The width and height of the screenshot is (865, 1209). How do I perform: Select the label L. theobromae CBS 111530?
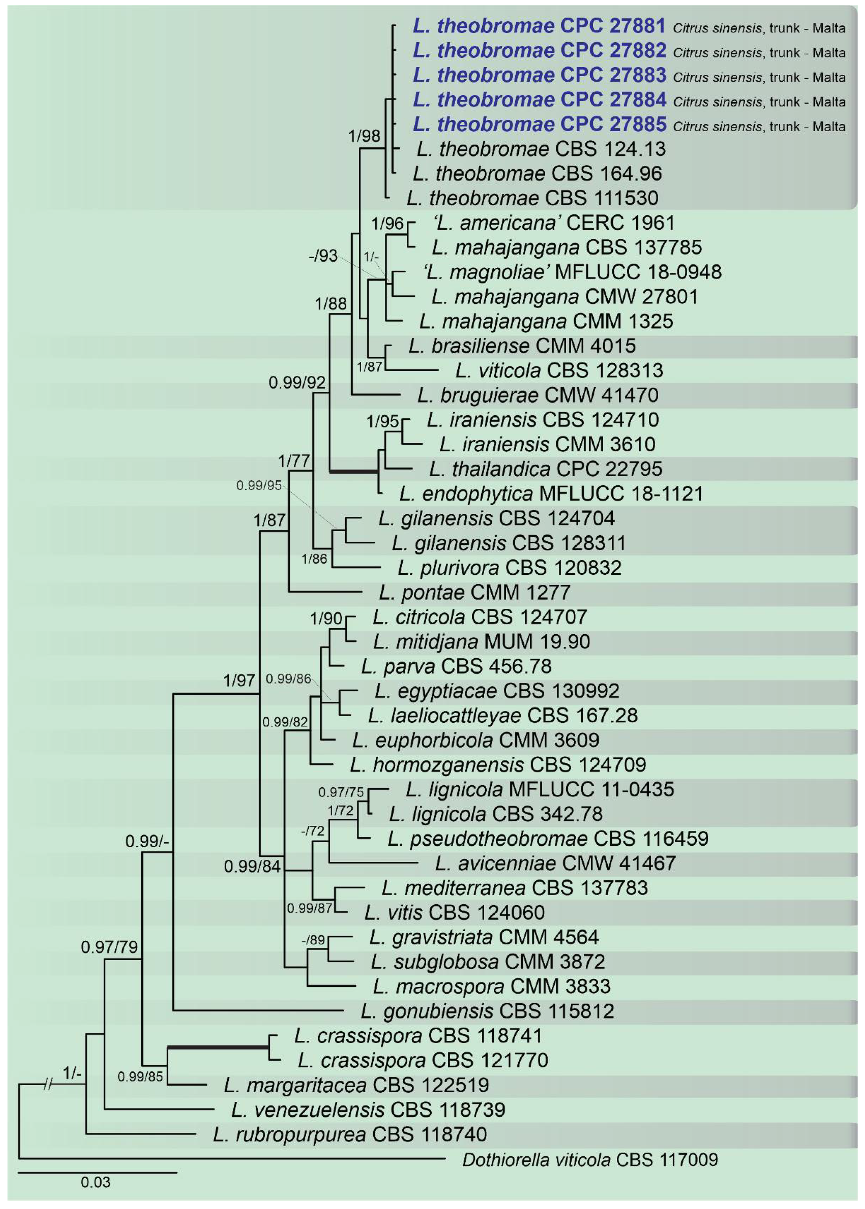532,198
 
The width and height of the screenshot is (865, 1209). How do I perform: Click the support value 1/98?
364,136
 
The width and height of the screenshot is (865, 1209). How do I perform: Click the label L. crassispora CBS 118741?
418,1035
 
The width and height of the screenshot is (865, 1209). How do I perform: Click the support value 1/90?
326,619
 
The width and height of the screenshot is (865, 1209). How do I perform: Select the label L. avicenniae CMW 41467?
555,863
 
